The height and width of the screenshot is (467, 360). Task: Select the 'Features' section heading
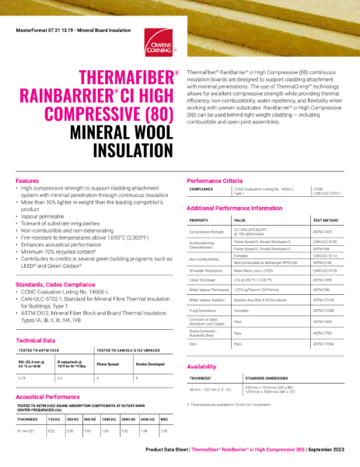click(x=28, y=181)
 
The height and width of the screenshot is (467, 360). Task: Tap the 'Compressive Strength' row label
click(x=206, y=232)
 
